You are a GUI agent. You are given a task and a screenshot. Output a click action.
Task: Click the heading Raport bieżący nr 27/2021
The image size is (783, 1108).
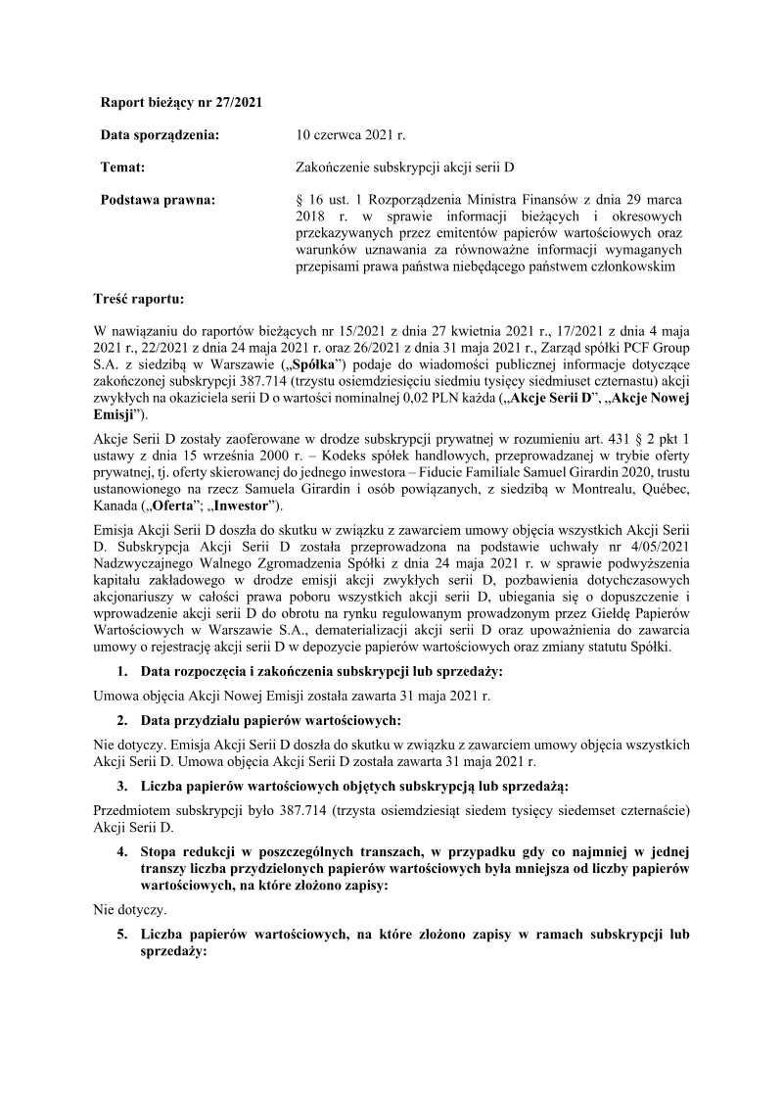(181, 101)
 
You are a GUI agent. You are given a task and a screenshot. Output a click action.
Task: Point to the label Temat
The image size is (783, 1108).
(123, 168)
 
